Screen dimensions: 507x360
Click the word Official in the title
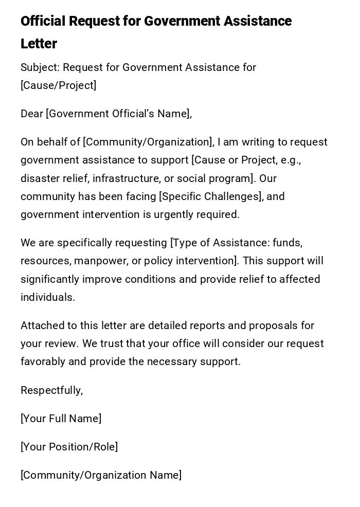pyautogui.click(x=43, y=21)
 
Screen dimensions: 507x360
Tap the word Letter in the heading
pyautogui.click(x=39, y=44)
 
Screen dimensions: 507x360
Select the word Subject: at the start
pyautogui.click(x=40, y=67)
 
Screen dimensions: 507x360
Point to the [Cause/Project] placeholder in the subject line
pyautogui.click(x=58, y=85)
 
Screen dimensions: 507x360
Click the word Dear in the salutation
pyautogui.click(x=32, y=114)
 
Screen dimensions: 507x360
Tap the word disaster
pyautogui.click(x=40, y=178)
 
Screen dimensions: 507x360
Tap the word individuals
pyautogui.click(x=48, y=297)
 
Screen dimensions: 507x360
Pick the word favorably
pyautogui.click(x=43, y=361)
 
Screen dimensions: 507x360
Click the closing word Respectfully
pyautogui.click(x=51, y=390)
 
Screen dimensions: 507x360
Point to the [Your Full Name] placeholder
pyautogui.click(x=61, y=419)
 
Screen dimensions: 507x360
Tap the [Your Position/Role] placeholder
pyautogui.click(x=69, y=447)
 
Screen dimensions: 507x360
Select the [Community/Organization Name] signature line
pyautogui.click(x=101, y=475)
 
